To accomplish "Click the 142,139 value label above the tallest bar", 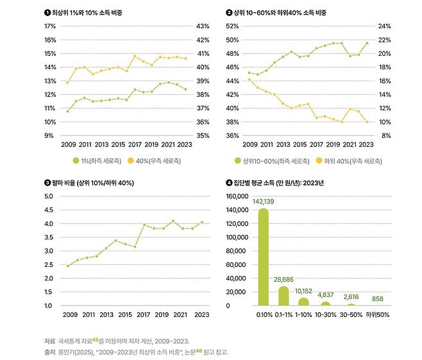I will [x=263, y=201].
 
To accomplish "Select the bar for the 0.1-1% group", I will [x=283, y=296].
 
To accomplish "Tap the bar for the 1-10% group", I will [x=304, y=302].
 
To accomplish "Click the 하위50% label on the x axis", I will [x=377, y=315].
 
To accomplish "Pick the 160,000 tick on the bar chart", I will [x=237, y=195].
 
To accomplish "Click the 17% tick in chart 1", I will [x=50, y=26].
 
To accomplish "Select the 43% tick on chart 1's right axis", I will [x=203, y=26].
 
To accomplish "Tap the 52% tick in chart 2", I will [x=232, y=26].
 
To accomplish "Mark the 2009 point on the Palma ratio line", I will [x=68, y=266].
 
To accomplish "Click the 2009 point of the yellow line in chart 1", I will [x=68, y=82].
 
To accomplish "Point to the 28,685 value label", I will [x=283, y=280].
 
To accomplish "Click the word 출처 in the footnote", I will [x=49, y=352].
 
